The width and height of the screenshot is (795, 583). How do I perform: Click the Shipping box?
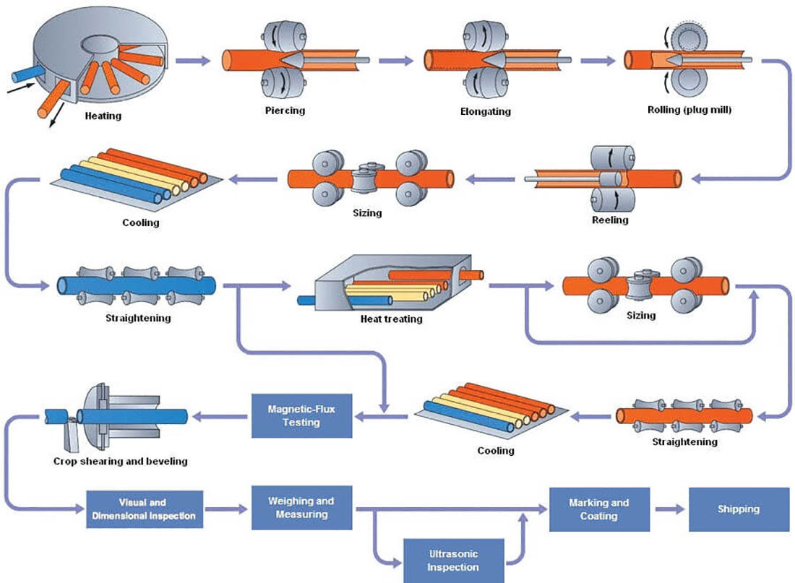pyautogui.click(x=738, y=509)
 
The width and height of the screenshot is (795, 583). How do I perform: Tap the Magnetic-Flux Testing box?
pyautogui.click(x=301, y=415)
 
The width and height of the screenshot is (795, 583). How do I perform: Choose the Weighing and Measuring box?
pyautogui.click(x=301, y=508)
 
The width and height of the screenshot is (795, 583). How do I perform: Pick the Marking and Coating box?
pyautogui.click(x=598, y=509)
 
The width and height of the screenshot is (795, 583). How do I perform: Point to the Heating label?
pyautogui.click(x=103, y=116)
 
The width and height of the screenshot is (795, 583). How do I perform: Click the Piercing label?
pyautogui.click(x=285, y=111)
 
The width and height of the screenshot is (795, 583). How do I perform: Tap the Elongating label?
pyautogui.click(x=486, y=112)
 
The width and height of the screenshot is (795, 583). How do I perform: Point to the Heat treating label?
pyautogui.click(x=390, y=318)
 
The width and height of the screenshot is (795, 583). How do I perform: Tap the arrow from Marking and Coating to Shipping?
pyautogui.click(x=669, y=509)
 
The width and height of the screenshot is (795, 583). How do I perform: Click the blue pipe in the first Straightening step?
pyautogui.click(x=137, y=287)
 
